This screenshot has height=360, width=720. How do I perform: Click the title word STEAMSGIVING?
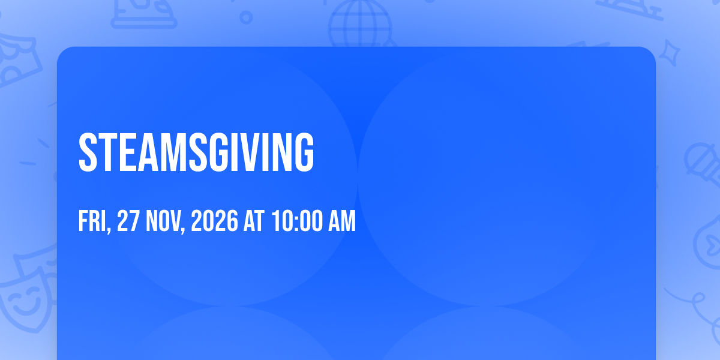coord(196,152)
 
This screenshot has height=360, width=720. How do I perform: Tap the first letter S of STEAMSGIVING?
coord(88,152)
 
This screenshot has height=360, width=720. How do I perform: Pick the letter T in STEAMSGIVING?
coord(107,152)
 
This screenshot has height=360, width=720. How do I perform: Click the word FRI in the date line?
coord(92,221)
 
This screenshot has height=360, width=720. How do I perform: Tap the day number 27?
coord(128,221)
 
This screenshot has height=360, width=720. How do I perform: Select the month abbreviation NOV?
coord(163,221)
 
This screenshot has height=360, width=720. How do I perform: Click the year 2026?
coord(214,221)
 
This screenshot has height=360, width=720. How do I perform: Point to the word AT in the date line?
coord(254,221)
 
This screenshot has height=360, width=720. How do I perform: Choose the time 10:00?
coord(296,221)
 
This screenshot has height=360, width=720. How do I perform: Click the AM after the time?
coord(342,221)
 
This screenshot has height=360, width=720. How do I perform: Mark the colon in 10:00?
coord(296,223)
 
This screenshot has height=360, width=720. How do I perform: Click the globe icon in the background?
coord(360,24)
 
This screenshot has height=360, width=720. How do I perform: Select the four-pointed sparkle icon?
coord(670,53)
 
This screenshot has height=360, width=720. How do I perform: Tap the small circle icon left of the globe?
coord(246,17)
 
